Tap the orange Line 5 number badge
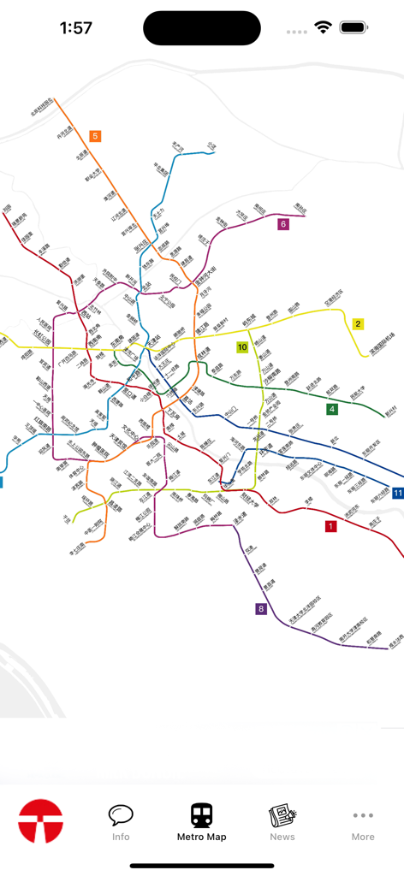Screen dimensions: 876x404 point(95,136)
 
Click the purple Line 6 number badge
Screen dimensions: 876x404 point(283,224)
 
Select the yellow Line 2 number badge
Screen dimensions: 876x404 point(358,323)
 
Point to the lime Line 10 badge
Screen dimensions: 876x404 point(242,347)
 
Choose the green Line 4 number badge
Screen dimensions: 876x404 point(332,410)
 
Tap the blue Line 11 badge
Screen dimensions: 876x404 point(398,493)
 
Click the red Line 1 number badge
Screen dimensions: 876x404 point(330,526)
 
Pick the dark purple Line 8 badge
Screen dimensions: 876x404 point(261,609)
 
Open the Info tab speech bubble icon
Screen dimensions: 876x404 point(121,815)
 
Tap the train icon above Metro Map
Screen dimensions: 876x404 point(202,815)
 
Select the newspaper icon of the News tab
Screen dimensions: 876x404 point(282,815)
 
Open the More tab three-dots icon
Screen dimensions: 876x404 point(363,815)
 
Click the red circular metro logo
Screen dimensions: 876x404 point(41,821)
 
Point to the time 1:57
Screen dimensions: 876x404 point(76,27)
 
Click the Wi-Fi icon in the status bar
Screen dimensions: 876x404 point(323,27)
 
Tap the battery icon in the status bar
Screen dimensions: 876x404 point(353,27)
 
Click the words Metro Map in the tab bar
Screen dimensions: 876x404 point(202,837)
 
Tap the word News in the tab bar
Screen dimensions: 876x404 point(282,837)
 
